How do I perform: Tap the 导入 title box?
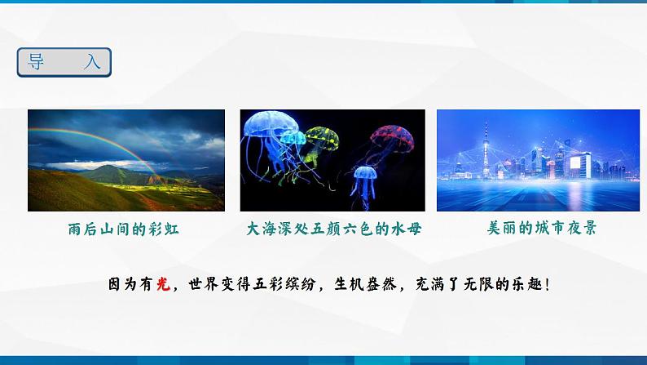(x=64, y=62)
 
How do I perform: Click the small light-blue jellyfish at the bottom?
(x=362, y=174)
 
